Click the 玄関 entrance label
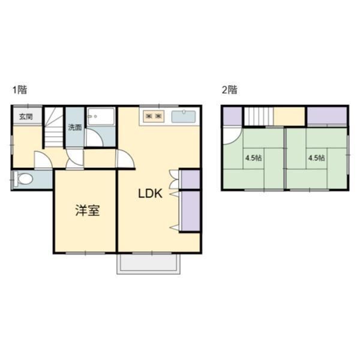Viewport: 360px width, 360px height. [26, 117]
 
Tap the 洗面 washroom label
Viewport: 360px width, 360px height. [75, 127]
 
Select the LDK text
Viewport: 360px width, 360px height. [151, 194]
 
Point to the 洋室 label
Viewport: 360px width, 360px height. [88, 211]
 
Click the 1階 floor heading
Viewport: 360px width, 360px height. [20, 89]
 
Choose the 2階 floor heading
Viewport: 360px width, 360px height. [229, 89]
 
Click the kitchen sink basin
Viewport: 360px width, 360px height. [184, 117]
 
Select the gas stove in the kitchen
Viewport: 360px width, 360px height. [154, 116]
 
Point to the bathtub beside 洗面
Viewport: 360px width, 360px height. [101, 116]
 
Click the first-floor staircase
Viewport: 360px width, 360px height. [54, 127]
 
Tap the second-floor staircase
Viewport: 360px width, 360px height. [259, 116]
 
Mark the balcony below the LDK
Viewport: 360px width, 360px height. [149, 264]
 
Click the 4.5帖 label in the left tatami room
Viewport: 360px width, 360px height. [254, 158]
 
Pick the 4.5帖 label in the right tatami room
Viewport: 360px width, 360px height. [316, 158]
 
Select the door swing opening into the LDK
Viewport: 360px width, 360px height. [125, 158]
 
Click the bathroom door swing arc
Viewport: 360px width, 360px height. [94, 137]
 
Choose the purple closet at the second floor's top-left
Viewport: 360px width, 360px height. [233, 116]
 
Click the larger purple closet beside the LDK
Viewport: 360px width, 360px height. [191, 211]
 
